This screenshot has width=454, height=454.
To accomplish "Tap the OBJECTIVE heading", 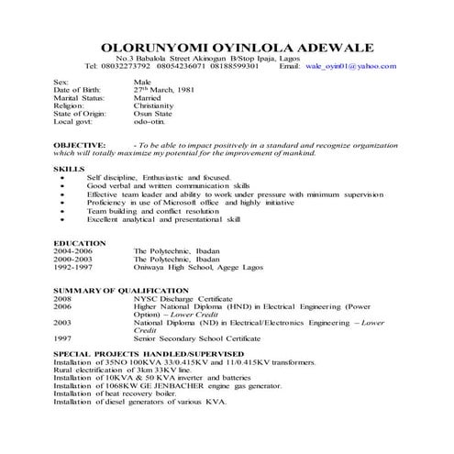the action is click(80, 145).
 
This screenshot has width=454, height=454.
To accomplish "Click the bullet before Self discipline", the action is click(61, 178).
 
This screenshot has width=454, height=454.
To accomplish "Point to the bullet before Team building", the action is click(61, 210).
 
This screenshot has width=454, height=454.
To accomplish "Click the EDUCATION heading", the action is click(80, 242).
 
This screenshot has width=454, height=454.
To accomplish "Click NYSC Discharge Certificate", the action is click(191, 298).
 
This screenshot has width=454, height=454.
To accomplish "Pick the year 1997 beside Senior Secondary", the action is click(62, 338).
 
